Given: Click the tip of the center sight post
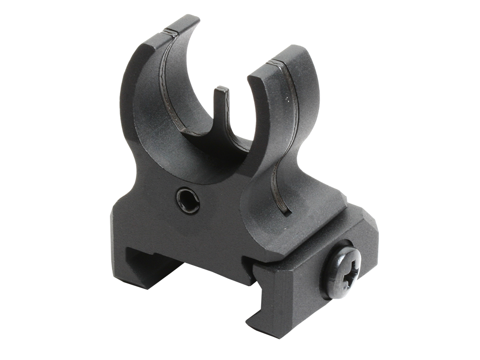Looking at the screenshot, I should coord(221,90).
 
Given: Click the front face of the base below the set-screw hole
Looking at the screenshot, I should coord(192,235).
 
